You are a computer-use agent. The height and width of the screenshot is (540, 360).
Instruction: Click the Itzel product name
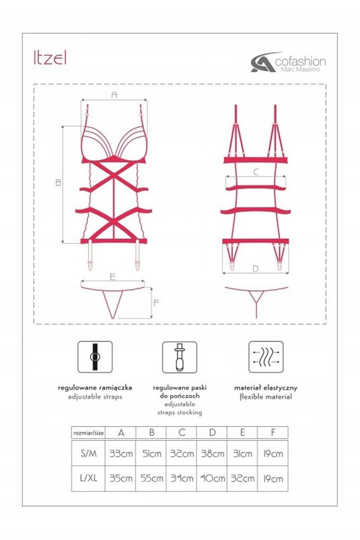tap(50, 58)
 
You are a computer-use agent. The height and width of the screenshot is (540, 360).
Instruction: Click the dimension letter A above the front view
tap(114, 95)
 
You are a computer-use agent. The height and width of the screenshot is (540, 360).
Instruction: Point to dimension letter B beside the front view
tap(58, 182)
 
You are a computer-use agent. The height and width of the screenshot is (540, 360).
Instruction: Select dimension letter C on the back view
tap(256, 171)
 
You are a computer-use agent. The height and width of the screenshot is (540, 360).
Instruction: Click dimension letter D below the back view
tap(255, 268)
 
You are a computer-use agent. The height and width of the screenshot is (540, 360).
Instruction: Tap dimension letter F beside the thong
tap(156, 303)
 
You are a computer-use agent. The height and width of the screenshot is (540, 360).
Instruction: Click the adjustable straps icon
tap(95, 357)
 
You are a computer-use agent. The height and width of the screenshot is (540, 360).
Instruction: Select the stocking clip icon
tap(179, 357)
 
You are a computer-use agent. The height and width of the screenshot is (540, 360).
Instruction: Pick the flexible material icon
tap(266, 357)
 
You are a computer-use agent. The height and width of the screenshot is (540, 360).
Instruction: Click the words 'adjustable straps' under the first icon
tap(95, 397)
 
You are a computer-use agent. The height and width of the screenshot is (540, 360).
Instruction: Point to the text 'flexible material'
tap(265, 397)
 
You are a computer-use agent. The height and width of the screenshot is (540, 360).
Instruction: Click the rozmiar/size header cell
tap(88, 433)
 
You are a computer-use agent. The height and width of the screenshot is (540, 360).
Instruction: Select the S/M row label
tap(88, 453)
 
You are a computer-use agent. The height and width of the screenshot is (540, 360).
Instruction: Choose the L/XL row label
tap(88, 478)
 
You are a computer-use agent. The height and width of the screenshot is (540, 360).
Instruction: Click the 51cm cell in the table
tap(152, 454)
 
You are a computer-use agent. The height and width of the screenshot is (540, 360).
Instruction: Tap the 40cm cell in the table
tap(212, 478)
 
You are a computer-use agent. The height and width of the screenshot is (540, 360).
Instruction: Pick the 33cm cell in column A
tap(121, 454)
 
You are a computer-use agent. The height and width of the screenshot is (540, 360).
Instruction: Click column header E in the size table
tap(243, 433)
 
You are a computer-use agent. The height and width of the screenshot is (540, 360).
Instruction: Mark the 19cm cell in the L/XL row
tap(273, 478)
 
